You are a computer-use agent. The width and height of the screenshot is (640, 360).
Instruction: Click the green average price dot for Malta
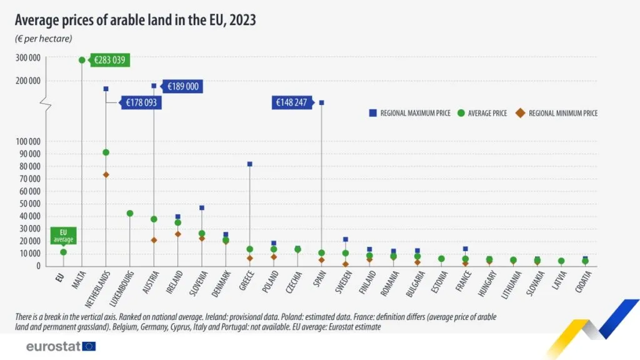tap(82, 60)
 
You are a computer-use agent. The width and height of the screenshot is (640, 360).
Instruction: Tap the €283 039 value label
tap(109, 61)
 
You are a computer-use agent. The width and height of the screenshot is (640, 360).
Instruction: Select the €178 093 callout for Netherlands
tap(140, 102)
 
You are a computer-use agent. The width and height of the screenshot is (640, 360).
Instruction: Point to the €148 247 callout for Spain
tap(290, 102)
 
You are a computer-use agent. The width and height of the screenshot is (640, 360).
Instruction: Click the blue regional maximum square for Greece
tap(249, 164)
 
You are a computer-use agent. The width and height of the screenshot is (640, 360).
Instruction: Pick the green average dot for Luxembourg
tap(130, 213)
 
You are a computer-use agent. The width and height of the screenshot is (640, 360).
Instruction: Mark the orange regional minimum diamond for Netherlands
tap(106, 174)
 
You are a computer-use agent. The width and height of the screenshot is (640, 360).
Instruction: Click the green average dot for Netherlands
tap(106, 152)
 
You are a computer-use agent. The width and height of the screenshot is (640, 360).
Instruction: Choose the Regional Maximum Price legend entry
tap(409, 113)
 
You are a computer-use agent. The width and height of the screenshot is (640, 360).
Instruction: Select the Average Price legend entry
tap(482, 113)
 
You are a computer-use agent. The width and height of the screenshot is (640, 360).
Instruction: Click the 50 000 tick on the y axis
tap(29, 203)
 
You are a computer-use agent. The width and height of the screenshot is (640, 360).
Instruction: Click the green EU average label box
tap(63, 236)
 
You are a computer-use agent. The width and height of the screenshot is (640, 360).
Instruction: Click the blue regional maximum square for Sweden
tap(346, 239)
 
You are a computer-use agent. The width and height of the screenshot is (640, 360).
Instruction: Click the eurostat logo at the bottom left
tap(61, 346)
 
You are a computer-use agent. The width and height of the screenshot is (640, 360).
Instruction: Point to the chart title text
tap(135, 20)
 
